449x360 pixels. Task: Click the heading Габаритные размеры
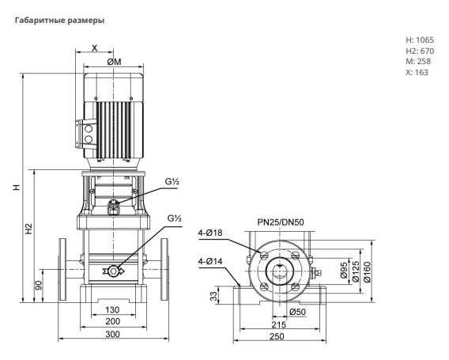pyautogui.click(x=59, y=21)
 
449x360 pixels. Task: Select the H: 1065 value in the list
pyautogui.click(x=420, y=40)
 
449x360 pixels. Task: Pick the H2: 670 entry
pyautogui.click(x=420, y=51)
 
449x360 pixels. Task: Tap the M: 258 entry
pyautogui.click(x=418, y=62)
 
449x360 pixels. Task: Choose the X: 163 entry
pyautogui.click(x=417, y=72)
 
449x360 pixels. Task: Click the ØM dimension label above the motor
pyautogui.click(x=115, y=62)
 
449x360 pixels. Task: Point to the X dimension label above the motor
pyautogui.click(x=95, y=47)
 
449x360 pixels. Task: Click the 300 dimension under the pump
pyautogui.click(x=112, y=334)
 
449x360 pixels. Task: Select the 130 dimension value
pyautogui.click(x=112, y=310)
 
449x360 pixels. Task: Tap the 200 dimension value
pyautogui.click(x=112, y=321)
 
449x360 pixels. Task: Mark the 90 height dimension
pyautogui.click(x=39, y=286)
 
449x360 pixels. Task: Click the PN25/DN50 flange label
pyautogui.click(x=281, y=222)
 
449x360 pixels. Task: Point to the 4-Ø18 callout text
pyautogui.click(x=210, y=233)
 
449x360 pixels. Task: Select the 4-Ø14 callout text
pyautogui.click(x=210, y=261)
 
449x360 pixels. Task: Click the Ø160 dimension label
pyautogui.click(x=367, y=271)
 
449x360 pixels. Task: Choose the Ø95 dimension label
pyautogui.click(x=344, y=271)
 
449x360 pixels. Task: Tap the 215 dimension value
pyautogui.click(x=278, y=324)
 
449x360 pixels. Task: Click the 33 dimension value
pyautogui.click(x=214, y=297)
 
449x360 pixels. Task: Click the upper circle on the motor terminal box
pyautogui.click(x=89, y=128)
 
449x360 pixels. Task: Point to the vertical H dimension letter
pyautogui.click(x=17, y=188)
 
